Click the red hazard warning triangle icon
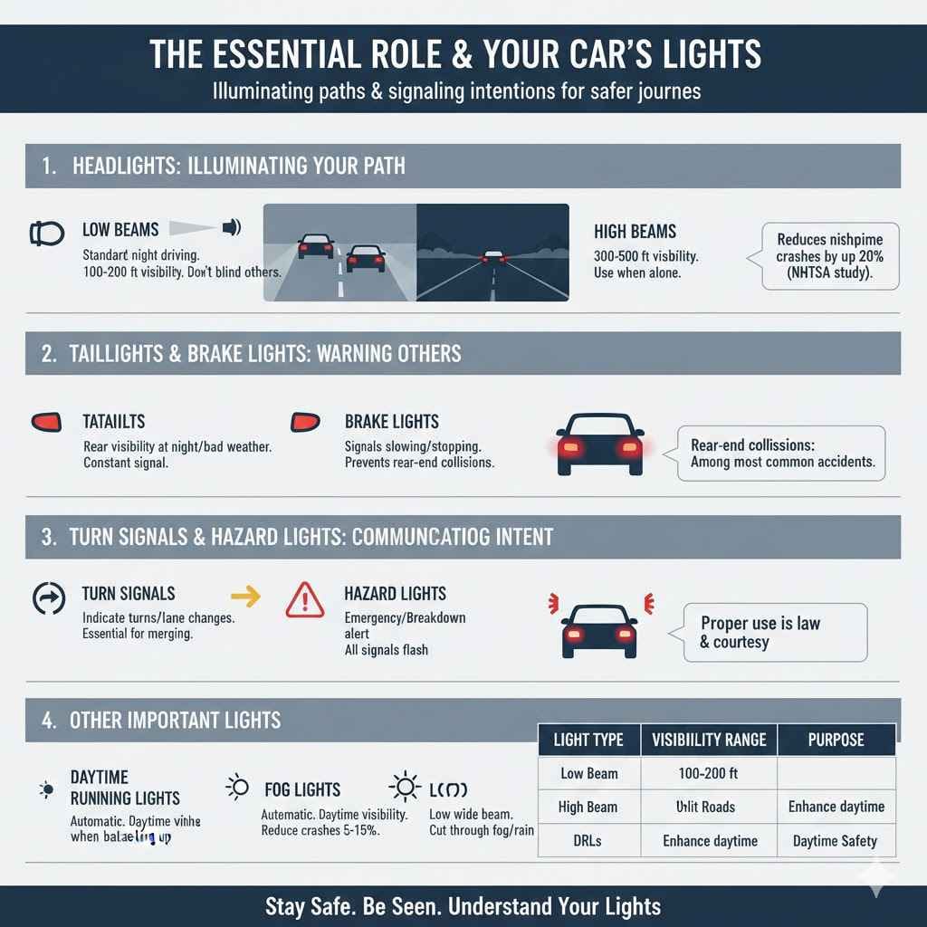tap(304, 600)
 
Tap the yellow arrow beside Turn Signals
tap(245, 596)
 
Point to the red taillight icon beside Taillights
tap(46, 422)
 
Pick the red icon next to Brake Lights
tap(305, 422)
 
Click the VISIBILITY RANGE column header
tap(709, 740)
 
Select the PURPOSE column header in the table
tap(836, 740)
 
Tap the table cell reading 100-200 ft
tap(709, 773)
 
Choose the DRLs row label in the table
tap(588, 841)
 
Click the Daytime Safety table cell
tap(836, 841)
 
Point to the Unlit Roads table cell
tap(709, 807)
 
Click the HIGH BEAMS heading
tap(635, 232)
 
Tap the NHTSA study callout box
tap(830, 256)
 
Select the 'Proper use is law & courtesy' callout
tap(775, 633)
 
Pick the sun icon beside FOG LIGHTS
tap(236, 788)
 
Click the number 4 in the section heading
tap(48, 721)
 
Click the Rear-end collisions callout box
tap(780, 454)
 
